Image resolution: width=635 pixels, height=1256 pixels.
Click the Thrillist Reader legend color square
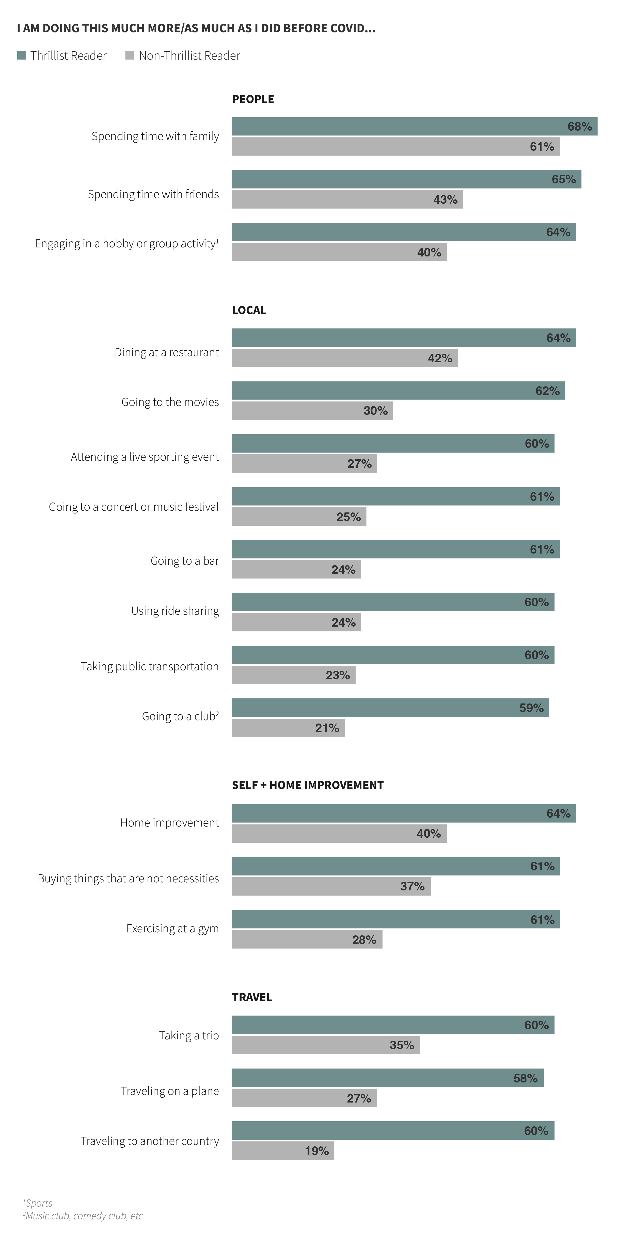(x=22, y=55)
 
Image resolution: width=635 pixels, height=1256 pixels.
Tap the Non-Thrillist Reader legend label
(x=189, y=56)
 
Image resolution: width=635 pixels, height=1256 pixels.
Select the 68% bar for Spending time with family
(x=414, y=126)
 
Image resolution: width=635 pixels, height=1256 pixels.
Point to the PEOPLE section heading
(x=253, y=99)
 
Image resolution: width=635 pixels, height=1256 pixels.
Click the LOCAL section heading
(x=249, y=310)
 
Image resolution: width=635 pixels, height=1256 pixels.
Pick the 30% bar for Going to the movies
(x=312, y=410)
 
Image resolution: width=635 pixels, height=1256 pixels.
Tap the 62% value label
(x=547, y=390)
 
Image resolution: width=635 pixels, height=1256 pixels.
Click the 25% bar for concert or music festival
(x=299, y=516)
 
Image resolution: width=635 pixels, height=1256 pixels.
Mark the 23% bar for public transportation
(x=293, y=675)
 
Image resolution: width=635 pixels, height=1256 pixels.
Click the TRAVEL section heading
(x=252, y=997)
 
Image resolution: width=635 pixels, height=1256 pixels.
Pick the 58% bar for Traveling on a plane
(x=388, y=1078)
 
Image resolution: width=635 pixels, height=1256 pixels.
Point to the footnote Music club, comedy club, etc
(x=84, y=1215)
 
